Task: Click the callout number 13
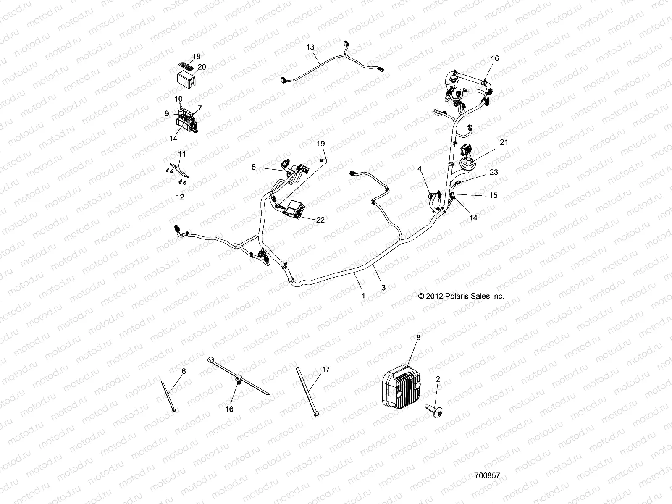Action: click(310, 47)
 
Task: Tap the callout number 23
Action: click(493, 172)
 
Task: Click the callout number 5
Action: click(254, 167)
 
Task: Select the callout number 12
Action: click(181, 197)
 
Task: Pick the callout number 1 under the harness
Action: click(363, 296)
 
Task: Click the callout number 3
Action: click(383, 288)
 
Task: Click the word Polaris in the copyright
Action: click(453, 296)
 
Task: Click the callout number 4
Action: click(419, 169)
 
